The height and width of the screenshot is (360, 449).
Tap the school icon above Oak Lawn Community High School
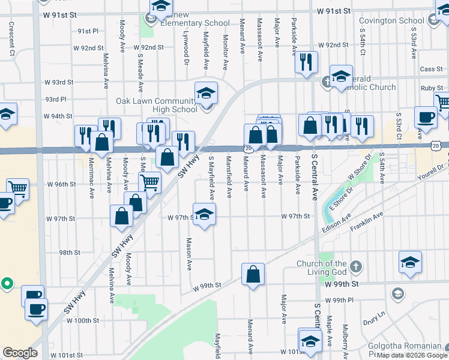(206, 93)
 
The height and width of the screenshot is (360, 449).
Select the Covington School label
(391, 21)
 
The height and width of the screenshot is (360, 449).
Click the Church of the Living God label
(322, 268)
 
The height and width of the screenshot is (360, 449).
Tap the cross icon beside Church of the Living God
(356, 265)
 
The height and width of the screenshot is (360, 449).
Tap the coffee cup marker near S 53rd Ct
(426, 118)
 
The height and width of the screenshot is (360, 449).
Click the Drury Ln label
(373, 316)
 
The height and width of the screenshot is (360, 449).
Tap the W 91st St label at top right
(334, 11)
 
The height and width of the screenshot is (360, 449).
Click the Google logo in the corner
(20, 353)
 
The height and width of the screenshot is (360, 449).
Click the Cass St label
(431, 70)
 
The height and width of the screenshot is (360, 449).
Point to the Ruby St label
(432, 88)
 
